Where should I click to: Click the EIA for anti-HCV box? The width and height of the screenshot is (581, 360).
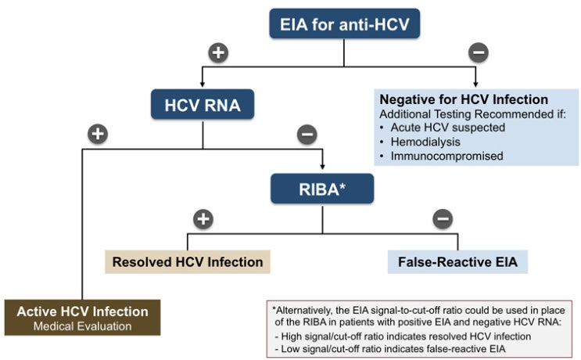tap(346, 25)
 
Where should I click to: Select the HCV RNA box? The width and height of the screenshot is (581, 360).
tap(203, 104)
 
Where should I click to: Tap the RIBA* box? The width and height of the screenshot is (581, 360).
tap(323, 189)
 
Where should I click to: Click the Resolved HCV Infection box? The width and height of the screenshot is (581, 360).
tap(188, 261)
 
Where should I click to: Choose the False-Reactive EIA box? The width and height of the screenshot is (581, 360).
tap(457, 261)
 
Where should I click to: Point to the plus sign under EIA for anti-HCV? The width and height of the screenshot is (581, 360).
tap(218, 53)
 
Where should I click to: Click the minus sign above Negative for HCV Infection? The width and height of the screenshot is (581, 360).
tap(478, 53)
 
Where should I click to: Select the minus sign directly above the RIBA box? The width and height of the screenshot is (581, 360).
tap(307, 135)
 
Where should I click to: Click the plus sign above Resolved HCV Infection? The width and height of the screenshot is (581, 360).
tap(203, 218)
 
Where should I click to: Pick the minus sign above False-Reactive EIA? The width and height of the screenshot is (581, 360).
tap(443, 218)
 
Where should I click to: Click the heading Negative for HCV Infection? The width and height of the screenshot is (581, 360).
tap(464, 100)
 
